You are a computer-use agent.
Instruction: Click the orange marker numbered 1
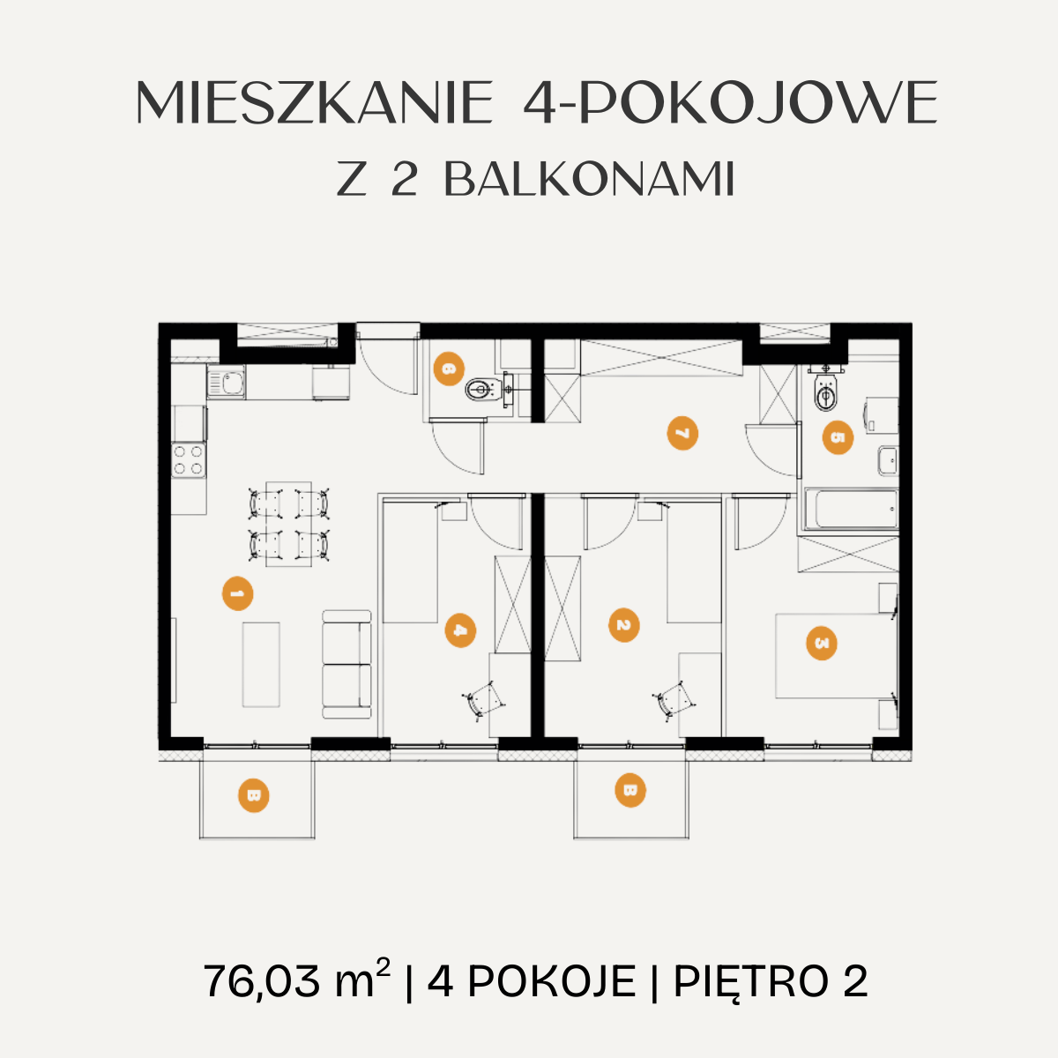238,593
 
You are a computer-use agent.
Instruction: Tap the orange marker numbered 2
624,625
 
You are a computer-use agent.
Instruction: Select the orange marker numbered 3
822,643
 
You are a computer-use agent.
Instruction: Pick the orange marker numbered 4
460,631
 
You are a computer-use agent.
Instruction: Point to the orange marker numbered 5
838,437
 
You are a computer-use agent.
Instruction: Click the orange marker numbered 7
682,434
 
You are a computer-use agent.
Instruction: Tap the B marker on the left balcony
254,795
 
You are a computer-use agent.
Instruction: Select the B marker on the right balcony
630,791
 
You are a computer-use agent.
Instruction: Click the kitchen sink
227,382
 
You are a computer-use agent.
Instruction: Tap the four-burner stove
189,460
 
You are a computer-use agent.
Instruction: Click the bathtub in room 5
851,510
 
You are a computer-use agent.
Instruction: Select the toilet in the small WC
485,390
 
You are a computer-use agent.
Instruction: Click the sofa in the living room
346,665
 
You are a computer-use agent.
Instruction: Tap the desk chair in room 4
483,701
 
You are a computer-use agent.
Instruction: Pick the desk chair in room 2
674,701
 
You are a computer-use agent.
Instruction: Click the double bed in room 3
836,656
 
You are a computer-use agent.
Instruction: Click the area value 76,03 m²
297,981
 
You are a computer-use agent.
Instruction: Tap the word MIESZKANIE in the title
315,102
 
